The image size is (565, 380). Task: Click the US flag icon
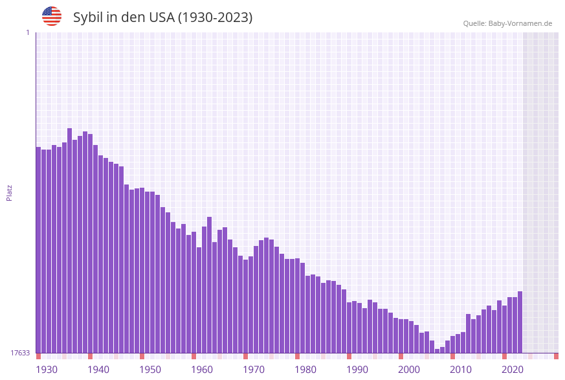click(52, 16)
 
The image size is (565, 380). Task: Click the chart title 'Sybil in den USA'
click(162, 17)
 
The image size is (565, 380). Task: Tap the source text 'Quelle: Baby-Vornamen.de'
click(507, 23)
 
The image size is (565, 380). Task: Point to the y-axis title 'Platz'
click(10, 192)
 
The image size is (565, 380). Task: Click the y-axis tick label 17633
click(20, 353)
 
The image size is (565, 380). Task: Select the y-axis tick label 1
click(27, 32)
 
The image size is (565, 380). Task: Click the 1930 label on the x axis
click(47, 370)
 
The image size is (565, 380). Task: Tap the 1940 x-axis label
click(98, 370)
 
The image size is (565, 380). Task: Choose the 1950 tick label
click(150, 370)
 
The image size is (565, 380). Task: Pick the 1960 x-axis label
click(202, 370)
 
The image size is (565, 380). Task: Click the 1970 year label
click(254, 370)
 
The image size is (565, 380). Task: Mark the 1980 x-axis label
click(305, 370)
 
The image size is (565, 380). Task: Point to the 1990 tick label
click(357, 370)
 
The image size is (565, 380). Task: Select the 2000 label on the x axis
click(409, 370)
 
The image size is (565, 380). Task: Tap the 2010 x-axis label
click(461, 370)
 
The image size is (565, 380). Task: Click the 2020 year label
click(513, 370)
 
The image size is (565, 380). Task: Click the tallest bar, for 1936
click(70, 240)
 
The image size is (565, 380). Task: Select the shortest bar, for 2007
click(438, 351)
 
